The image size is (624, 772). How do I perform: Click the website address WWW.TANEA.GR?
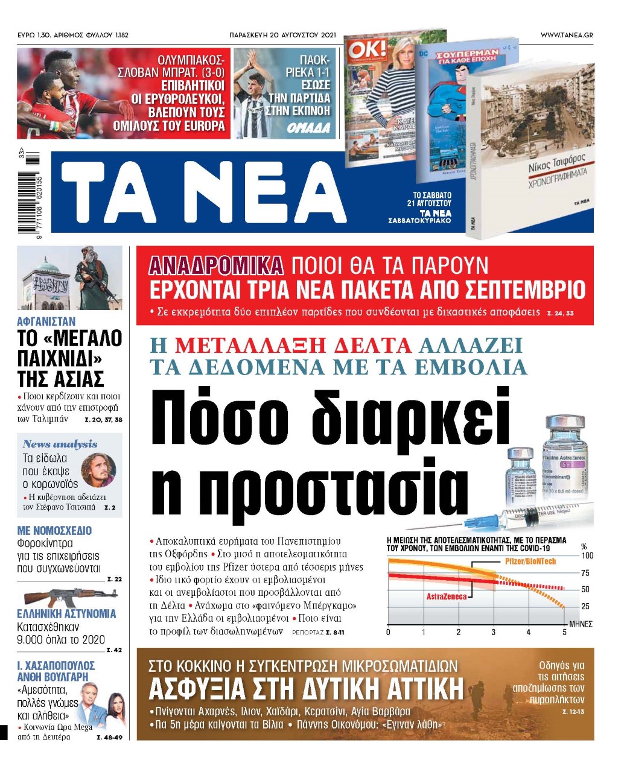tap(566, 36)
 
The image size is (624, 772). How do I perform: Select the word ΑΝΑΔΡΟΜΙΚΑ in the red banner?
tap(216, 265)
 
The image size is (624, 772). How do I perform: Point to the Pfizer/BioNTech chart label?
tap(530, 562)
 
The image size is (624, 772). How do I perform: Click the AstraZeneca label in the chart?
tap(447, 596)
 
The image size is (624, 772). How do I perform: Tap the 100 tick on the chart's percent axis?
tap(587, 555)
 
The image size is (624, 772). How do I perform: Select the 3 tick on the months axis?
tap(494, 632)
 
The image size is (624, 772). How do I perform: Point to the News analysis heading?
tap(60, 444)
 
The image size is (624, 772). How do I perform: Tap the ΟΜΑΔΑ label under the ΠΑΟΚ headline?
tap(308, 128)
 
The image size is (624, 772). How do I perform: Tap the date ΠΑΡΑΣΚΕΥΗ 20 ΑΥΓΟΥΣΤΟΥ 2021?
tap(283, 36)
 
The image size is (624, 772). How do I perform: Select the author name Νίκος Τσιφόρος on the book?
tap(556, 162)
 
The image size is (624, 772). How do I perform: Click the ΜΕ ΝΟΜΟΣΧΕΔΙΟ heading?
tap(55, 531)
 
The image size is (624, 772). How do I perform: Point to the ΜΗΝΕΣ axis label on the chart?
tap(581, 624)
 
